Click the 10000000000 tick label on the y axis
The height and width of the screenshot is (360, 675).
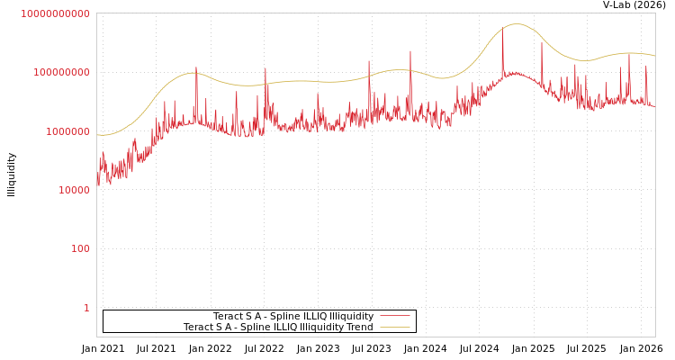55,13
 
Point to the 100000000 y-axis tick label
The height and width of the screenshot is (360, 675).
61,72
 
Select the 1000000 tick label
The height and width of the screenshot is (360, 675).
67,131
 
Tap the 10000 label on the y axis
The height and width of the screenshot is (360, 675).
74,190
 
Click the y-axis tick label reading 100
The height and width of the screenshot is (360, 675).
80,248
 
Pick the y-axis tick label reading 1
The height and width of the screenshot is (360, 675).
86,308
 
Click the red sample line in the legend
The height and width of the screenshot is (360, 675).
394,316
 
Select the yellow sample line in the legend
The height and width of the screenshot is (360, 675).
394,327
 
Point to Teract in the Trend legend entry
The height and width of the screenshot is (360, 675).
199,327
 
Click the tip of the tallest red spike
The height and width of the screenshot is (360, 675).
503,32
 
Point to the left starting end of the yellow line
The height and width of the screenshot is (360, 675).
97,135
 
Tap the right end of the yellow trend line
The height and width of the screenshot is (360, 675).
654,57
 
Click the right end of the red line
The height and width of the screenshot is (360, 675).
654,107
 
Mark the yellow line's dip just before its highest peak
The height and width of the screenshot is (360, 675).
442,78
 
